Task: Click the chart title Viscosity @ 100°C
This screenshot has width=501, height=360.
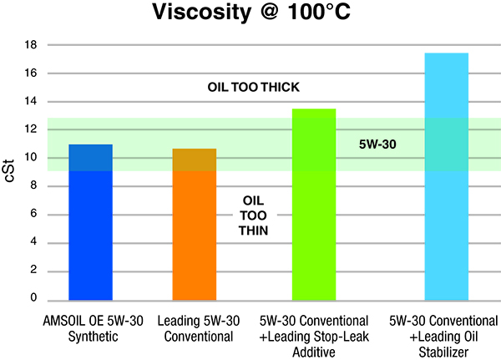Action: coord(250,14)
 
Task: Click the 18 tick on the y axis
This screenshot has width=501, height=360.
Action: coord(33,45)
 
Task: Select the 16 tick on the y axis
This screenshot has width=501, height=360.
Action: coord(33,74)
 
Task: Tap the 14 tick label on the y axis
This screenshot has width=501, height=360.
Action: coord(33,102)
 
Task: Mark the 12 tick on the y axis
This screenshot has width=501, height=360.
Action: coord(33,129)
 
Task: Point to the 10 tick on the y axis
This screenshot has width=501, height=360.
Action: coord(33,158)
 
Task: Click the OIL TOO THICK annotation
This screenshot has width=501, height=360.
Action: coord(253,88)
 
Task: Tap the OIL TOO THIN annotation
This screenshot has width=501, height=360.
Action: coord(254,214)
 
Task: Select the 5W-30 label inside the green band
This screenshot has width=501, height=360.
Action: coord(377,144)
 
